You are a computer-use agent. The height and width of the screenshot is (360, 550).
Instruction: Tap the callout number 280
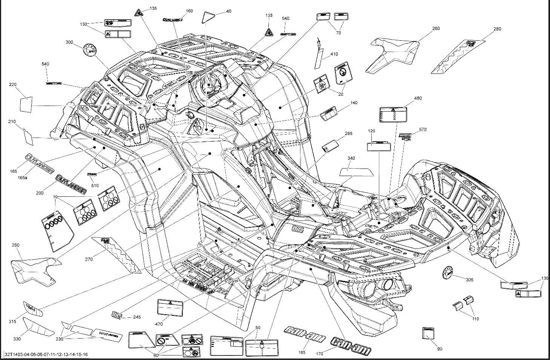coord(497,29)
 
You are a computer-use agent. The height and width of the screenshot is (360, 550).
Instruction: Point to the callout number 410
coord(334,54)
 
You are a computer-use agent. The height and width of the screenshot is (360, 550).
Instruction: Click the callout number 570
coord(423,130)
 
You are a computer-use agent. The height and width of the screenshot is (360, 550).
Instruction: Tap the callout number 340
coord(351,158)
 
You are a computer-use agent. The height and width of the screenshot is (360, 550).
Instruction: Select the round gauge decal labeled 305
coord(447,273)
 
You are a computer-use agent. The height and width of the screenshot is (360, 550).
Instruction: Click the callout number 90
coord(440,349)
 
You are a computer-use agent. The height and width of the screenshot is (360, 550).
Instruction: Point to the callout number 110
coord(475,319)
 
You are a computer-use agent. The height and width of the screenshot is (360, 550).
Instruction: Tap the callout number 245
coord(137,317)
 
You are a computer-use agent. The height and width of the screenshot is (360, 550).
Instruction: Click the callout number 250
coord(15,245)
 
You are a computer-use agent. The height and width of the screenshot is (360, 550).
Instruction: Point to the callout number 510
coord(95,185)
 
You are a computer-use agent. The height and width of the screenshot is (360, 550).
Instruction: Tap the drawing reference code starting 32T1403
coord(46,354)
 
